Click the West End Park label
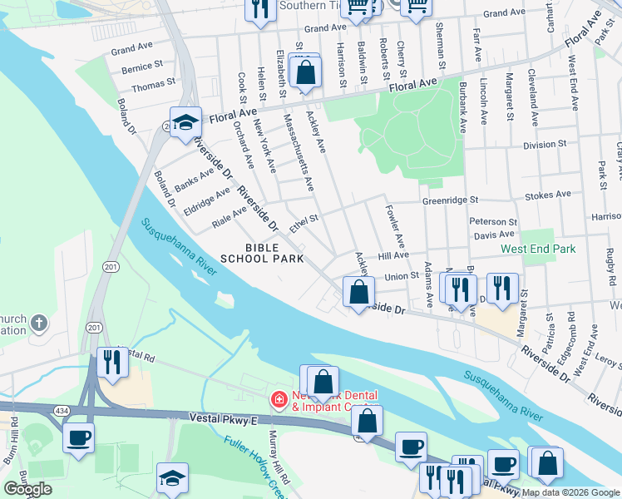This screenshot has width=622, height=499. tap(538, 249)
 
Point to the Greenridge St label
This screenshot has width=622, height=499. tap(450, 200)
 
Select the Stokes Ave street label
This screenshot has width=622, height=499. tap(548, 195)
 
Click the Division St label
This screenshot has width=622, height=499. tap(545, 144)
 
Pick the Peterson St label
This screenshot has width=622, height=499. tap(493, 222)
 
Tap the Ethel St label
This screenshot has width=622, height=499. tap(304, 223)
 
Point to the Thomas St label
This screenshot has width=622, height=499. tap(153, 85)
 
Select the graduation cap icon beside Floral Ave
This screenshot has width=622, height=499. tap(185, 122)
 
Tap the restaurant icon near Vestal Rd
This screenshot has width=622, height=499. tap(111, 363)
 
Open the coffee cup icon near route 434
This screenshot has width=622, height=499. tap(78, 437)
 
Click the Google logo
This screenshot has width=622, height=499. tap(27, 489)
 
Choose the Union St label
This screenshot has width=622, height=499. tap(401, 276)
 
